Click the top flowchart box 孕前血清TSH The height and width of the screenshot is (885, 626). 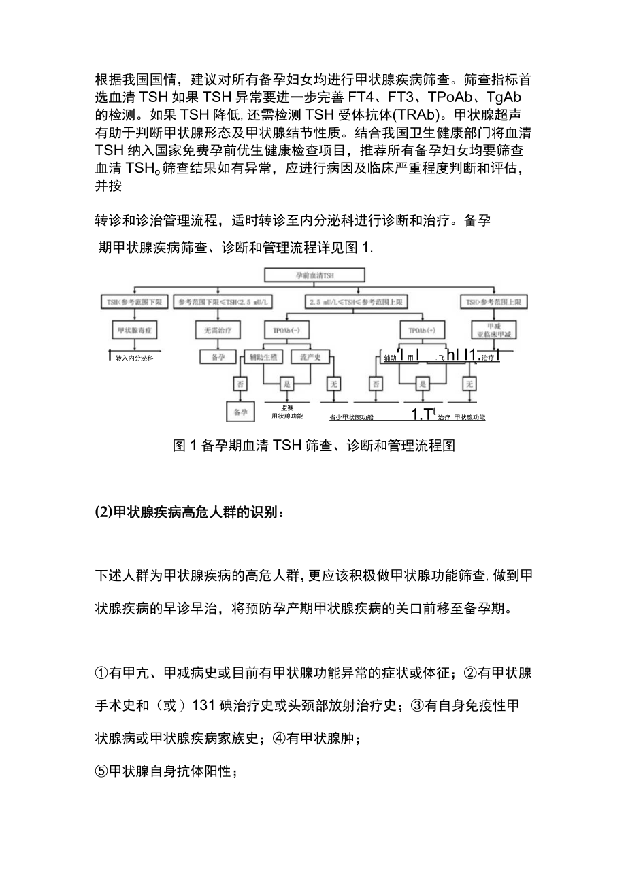click(314, 275)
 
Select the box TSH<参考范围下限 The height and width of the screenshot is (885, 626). click(136, 301)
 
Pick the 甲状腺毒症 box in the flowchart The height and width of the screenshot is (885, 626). click(136, 331)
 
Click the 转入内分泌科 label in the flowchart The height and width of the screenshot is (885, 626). click(133, 357)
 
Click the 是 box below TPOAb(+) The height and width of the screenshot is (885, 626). click(422, 384)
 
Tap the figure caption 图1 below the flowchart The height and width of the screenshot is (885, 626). click(314, 446)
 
